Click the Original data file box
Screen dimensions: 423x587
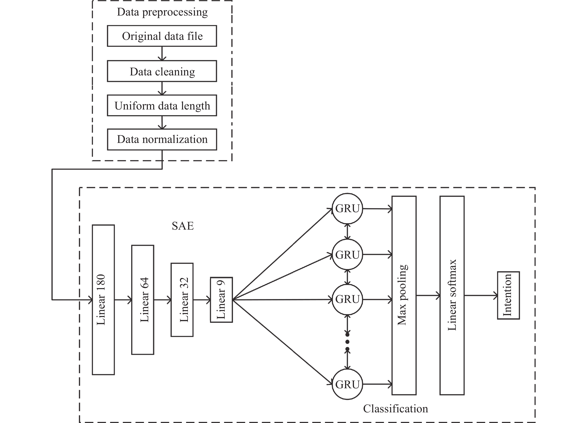(x=162, y=36)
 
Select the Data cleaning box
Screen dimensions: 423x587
(x=162, y=71)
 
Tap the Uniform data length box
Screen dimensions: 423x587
(x=162, y=105)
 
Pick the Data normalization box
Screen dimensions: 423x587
(x=162, y=139)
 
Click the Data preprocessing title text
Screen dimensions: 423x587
(x=162, y=12)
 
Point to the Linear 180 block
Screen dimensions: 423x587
(x=103, y=299)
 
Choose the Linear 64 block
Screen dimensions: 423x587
(x=143, y=299)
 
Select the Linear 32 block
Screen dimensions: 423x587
(x=182, y=299)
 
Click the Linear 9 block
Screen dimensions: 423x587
(x=221, y=300)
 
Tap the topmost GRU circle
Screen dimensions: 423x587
(x=347, y=208)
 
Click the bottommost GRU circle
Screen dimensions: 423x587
(x=347, y=384)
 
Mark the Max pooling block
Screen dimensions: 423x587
(x=404, y=295)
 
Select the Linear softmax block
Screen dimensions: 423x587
(x=452, y=295)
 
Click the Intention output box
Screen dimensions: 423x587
(x=508, y=295)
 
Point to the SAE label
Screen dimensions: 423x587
(x=183, y=226)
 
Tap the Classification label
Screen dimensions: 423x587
(x=396, y=409)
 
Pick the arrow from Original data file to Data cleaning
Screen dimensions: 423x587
(x=162, y=54)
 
